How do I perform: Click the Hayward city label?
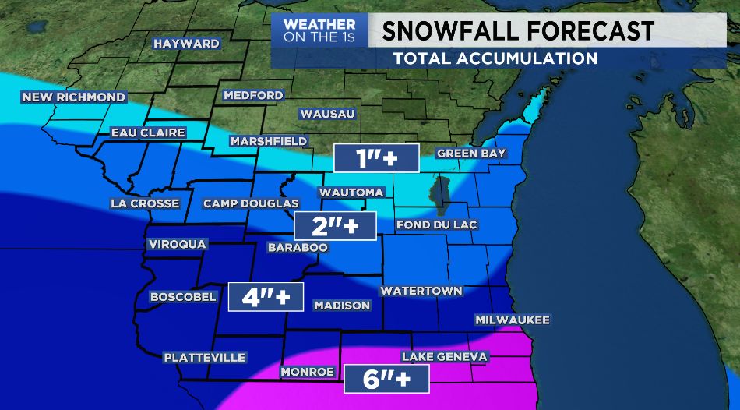[x=186, y=44]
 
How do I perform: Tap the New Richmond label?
[x=73, y=97]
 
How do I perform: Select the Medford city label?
[x=253, y=96]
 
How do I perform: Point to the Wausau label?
[x=327, y=114]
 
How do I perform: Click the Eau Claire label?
[x=148, y=133]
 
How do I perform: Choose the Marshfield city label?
[x=266, y=141]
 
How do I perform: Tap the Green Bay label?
[x=471, y=154]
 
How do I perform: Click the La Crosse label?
[x=145, y=203]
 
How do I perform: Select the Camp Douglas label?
[x=251, y=203]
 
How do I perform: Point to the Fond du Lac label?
[x=436, y=224]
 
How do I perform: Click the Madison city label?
[x=342, y=305]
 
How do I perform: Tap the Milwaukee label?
[x=513, y=320]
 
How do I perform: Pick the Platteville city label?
[x=204, y=357]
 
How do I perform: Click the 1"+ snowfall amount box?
[x=376, y=158]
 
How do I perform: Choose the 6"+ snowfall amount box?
[x=386, y=379]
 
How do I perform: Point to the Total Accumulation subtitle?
[x=495, y=58]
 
